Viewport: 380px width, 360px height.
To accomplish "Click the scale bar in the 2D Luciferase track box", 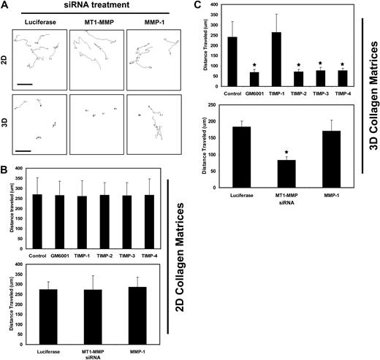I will (25, 84).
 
